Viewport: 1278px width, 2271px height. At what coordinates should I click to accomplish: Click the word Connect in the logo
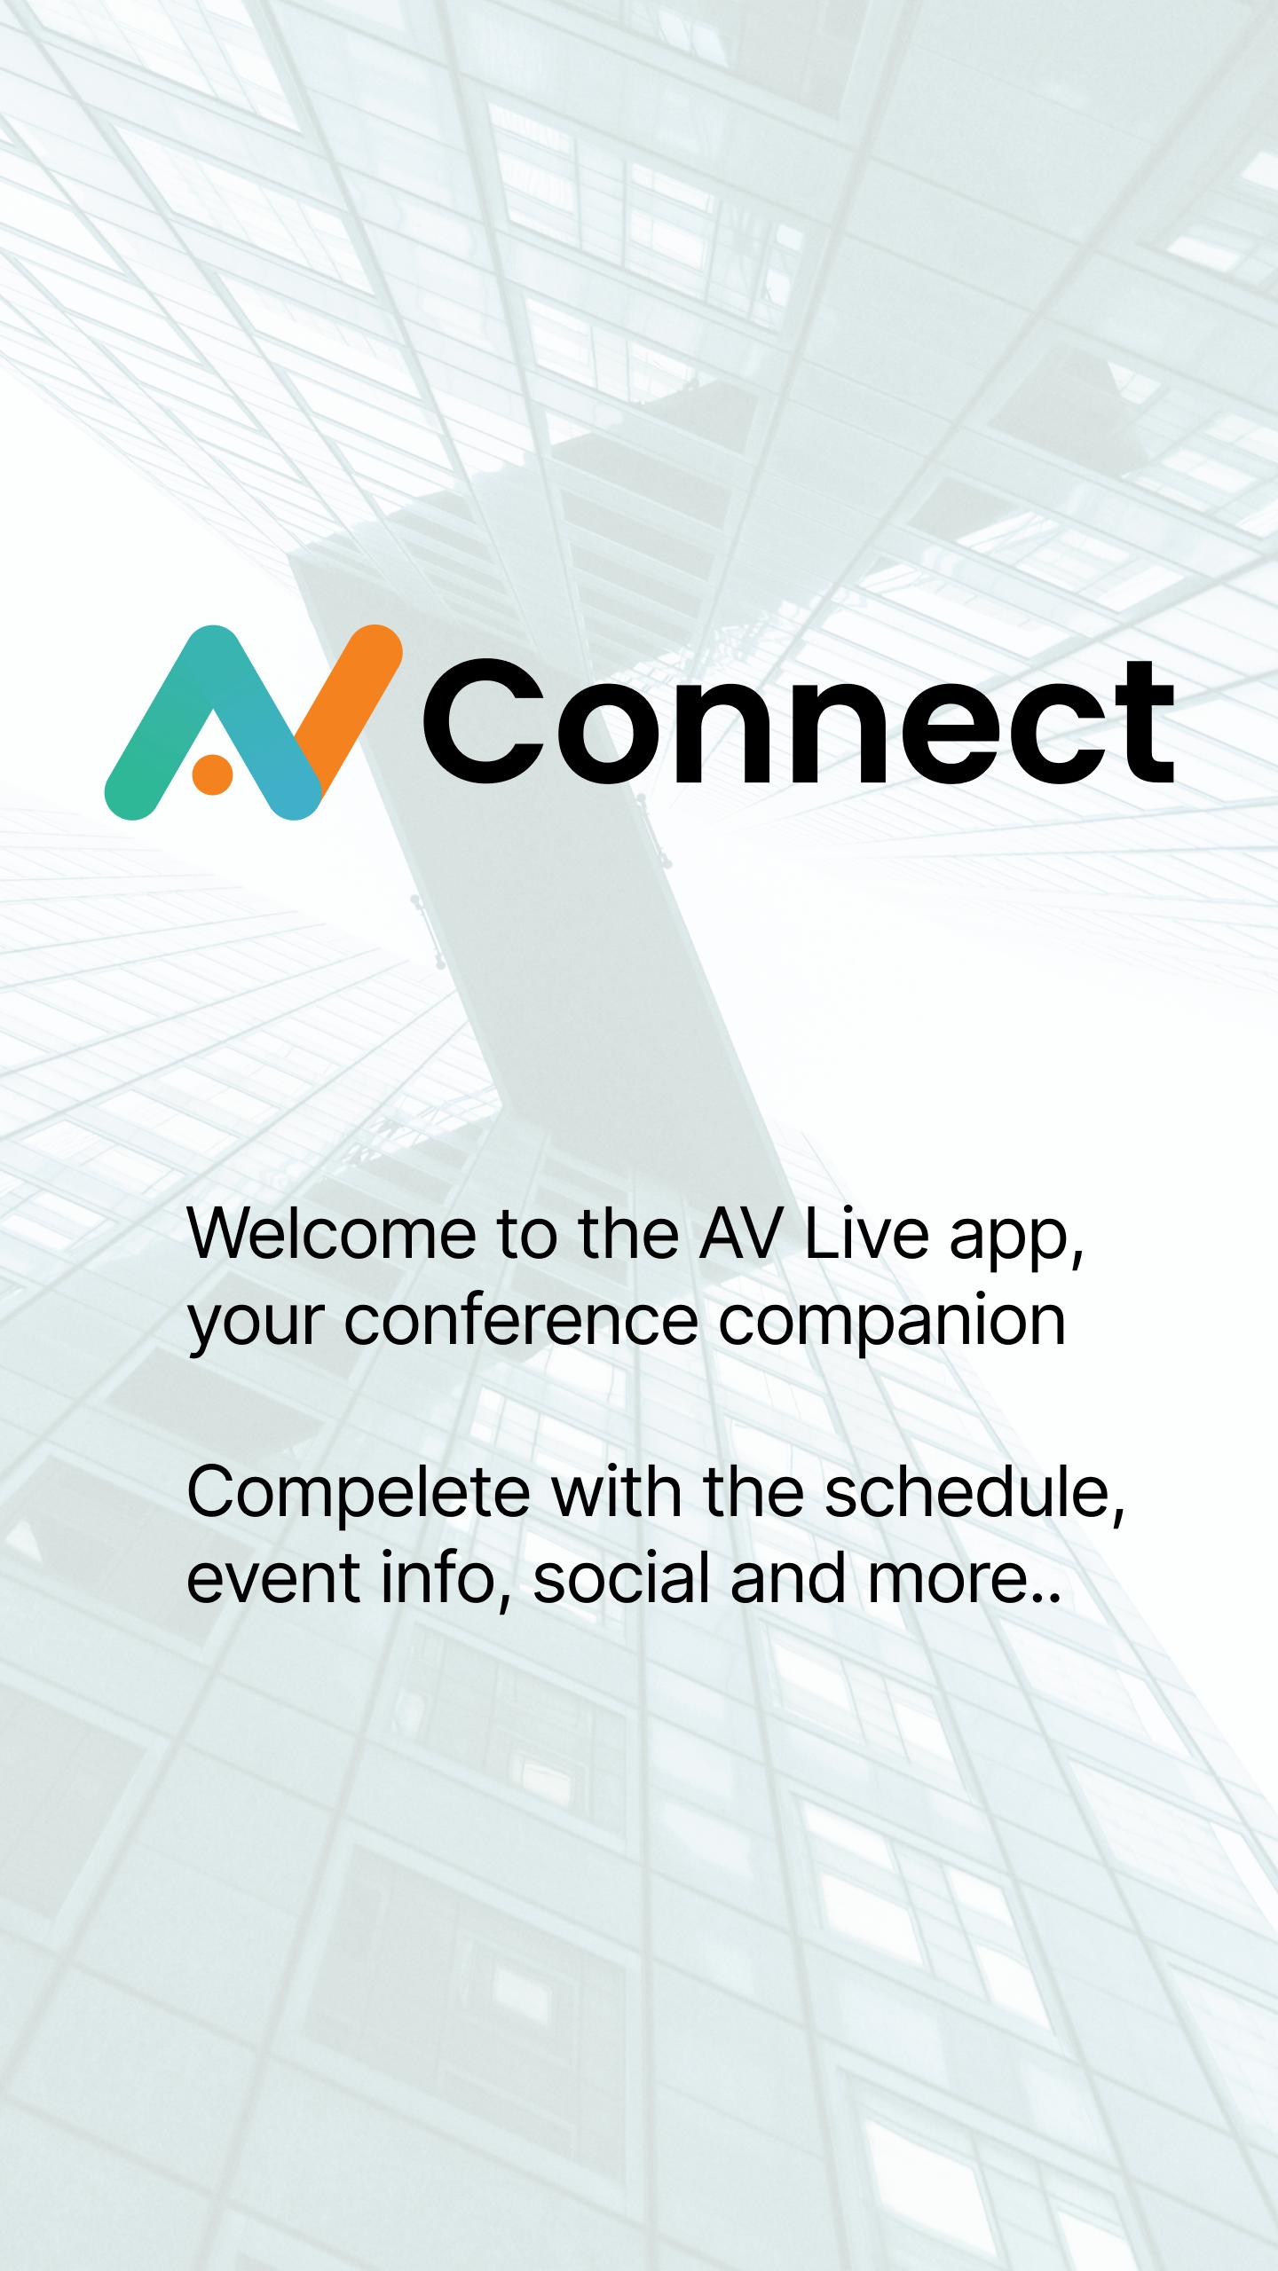coord(799,723)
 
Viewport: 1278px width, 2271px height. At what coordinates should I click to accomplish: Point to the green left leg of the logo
coord(164,723)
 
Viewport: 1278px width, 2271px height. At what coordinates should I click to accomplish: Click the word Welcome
coord(331,1234)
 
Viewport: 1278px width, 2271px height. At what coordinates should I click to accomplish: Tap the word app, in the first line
coord(1017,1242)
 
